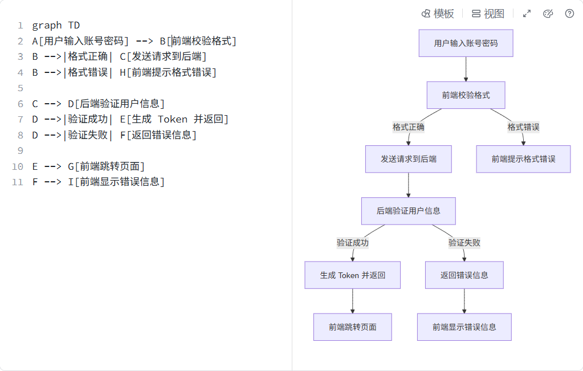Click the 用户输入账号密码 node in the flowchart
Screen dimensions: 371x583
click(x=466, y=43)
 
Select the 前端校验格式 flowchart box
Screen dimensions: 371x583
click(x=466, y=95)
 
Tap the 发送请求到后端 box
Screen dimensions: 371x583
click(x=409, y=159)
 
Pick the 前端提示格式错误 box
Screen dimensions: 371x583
click(x=523, y=159)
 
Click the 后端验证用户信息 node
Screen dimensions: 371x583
click(x=408, y=211)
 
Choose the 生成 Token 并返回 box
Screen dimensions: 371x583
click(x=352, y=275)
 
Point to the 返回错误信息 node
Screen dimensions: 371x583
click(x=464, y=275)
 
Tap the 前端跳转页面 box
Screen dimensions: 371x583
click(x=352, y=327)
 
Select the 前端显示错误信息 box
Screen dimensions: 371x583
click(x=464, y=327)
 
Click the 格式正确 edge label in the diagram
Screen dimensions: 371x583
click(x=409, y=127)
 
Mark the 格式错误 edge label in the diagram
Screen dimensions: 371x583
click(x=523, y=127)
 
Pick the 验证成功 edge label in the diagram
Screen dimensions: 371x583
click(x=353, y=243)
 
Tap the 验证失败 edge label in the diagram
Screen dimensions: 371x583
click(x=464, y=243)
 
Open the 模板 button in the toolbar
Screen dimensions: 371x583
click(x=438, y=14)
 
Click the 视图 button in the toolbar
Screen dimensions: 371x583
click(x=488, y=14)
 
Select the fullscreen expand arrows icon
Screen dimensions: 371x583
click(x=527, y=14)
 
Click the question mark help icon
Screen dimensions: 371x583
click(x=569, y=14)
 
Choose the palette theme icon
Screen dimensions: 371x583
click(x=548, y=14)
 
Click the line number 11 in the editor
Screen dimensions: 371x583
click(x=17, y=182)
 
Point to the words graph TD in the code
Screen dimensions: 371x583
click(x=56, y=25)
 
